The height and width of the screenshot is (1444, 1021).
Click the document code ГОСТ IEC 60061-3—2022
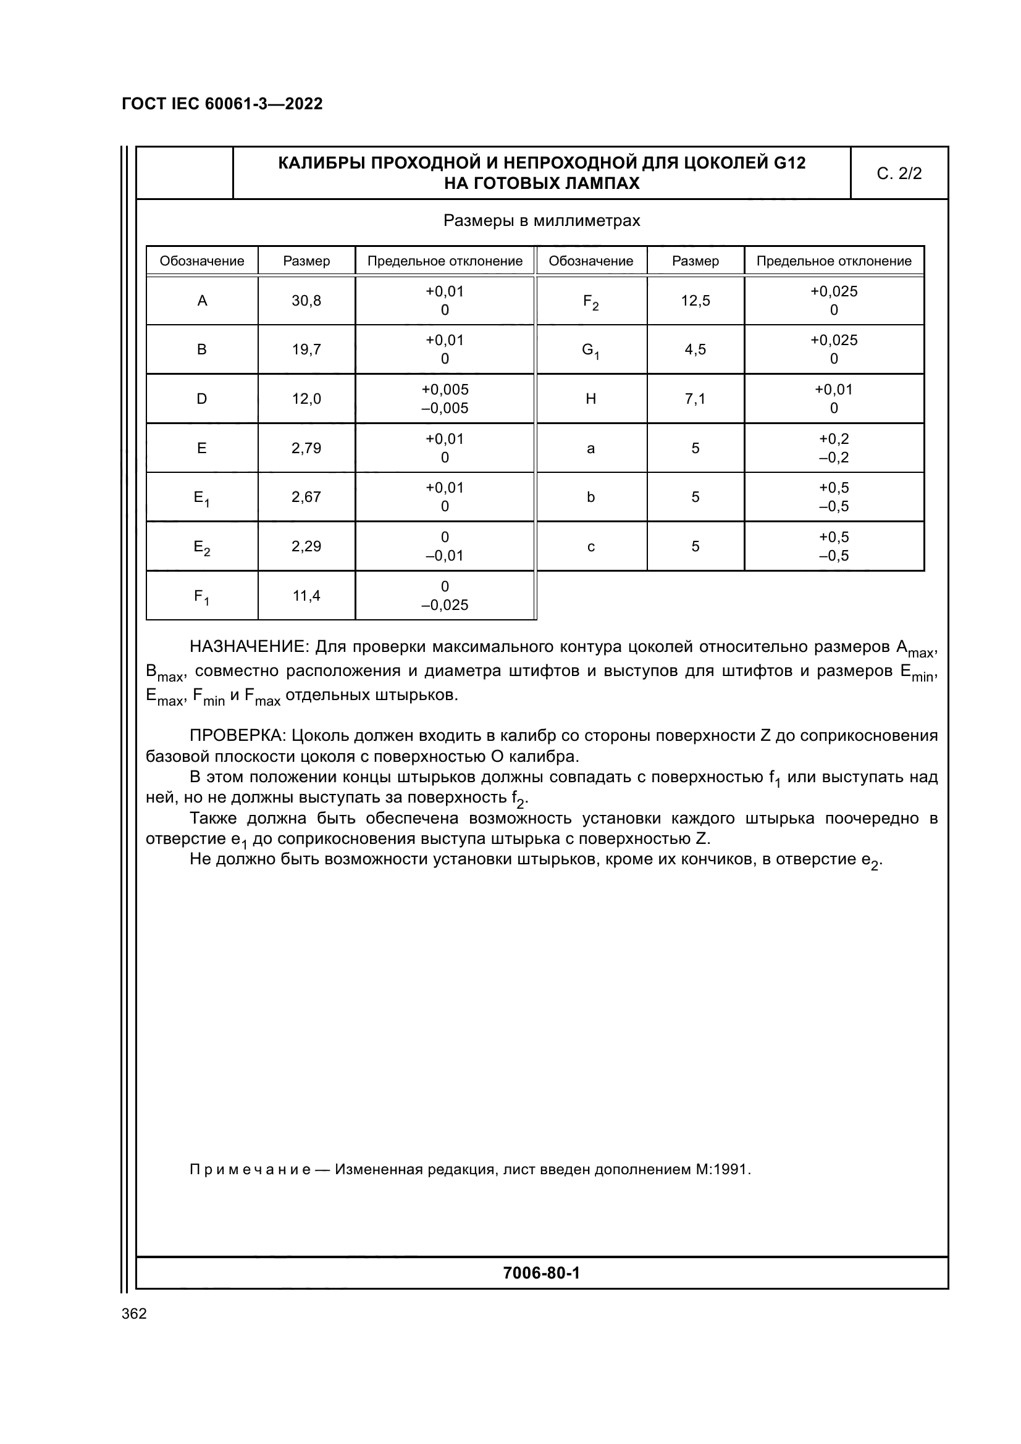tap(222, 104)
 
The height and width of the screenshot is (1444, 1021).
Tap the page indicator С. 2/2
tap(899, 173)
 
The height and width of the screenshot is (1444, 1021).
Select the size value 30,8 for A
tap(306, 301)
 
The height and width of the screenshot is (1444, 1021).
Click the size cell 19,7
tap(306, 349)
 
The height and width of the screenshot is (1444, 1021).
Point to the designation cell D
tap(202, 399)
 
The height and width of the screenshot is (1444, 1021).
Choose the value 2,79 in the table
tap(306, 448)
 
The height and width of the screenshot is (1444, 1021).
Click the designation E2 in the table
tap(202, 547)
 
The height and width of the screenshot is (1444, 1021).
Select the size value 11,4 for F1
tap(306, 596)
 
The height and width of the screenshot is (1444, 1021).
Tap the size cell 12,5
tap(695, 301)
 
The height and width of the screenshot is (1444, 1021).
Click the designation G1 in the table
tap(590, 350)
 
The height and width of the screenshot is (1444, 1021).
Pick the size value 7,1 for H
tap(695, 399)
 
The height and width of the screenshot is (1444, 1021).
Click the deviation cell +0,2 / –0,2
tap(833, 448)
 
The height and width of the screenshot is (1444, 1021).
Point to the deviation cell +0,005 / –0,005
tap(445, 399)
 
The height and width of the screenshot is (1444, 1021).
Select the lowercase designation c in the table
tap(590, 546)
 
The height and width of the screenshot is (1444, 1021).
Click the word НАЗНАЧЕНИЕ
tap(248, 646)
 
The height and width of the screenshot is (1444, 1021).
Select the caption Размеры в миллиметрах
tap(542, 221)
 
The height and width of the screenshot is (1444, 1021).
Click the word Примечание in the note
tap(250, 1170)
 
